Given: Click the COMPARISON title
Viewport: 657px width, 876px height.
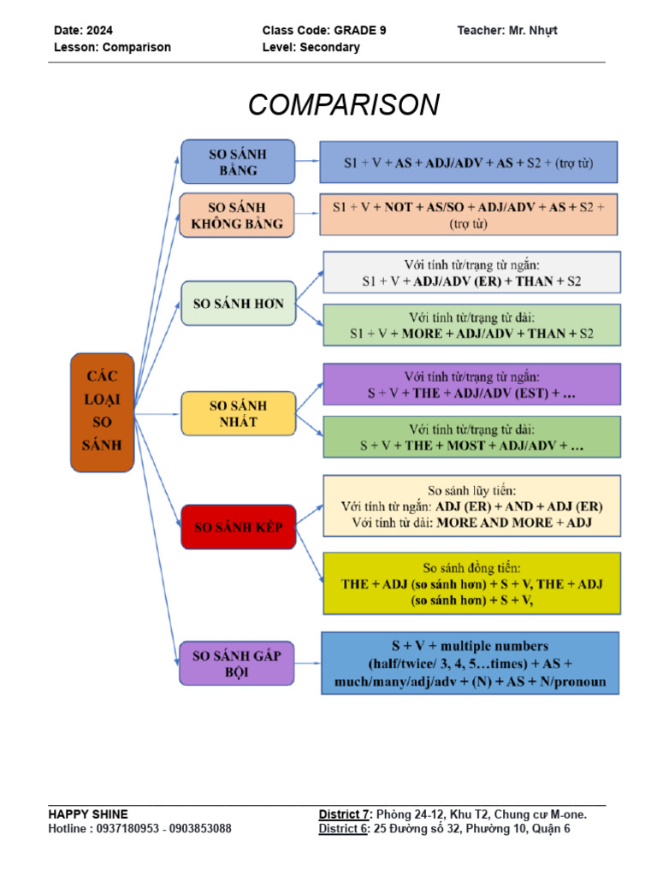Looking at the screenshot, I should tap(344, 105).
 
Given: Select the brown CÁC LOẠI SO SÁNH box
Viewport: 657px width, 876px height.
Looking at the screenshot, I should tap(102, 411).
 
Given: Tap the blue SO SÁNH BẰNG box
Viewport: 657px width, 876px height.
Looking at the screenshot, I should tap(238, 162).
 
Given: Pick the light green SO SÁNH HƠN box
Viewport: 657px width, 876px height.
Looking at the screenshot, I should tap(239, 303).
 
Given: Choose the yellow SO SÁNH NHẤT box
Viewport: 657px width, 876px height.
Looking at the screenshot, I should tap(238, 413).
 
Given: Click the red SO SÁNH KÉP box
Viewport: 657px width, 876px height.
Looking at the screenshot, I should tap(238, 527).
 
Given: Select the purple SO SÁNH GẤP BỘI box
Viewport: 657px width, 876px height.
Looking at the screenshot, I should tap(237, 664).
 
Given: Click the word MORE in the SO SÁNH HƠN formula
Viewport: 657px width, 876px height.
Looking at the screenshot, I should tap(421, 334).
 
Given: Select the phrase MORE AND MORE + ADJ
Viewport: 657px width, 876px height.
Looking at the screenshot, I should tap(513, 522).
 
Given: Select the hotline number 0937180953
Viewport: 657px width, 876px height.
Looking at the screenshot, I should tap(135, 829).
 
